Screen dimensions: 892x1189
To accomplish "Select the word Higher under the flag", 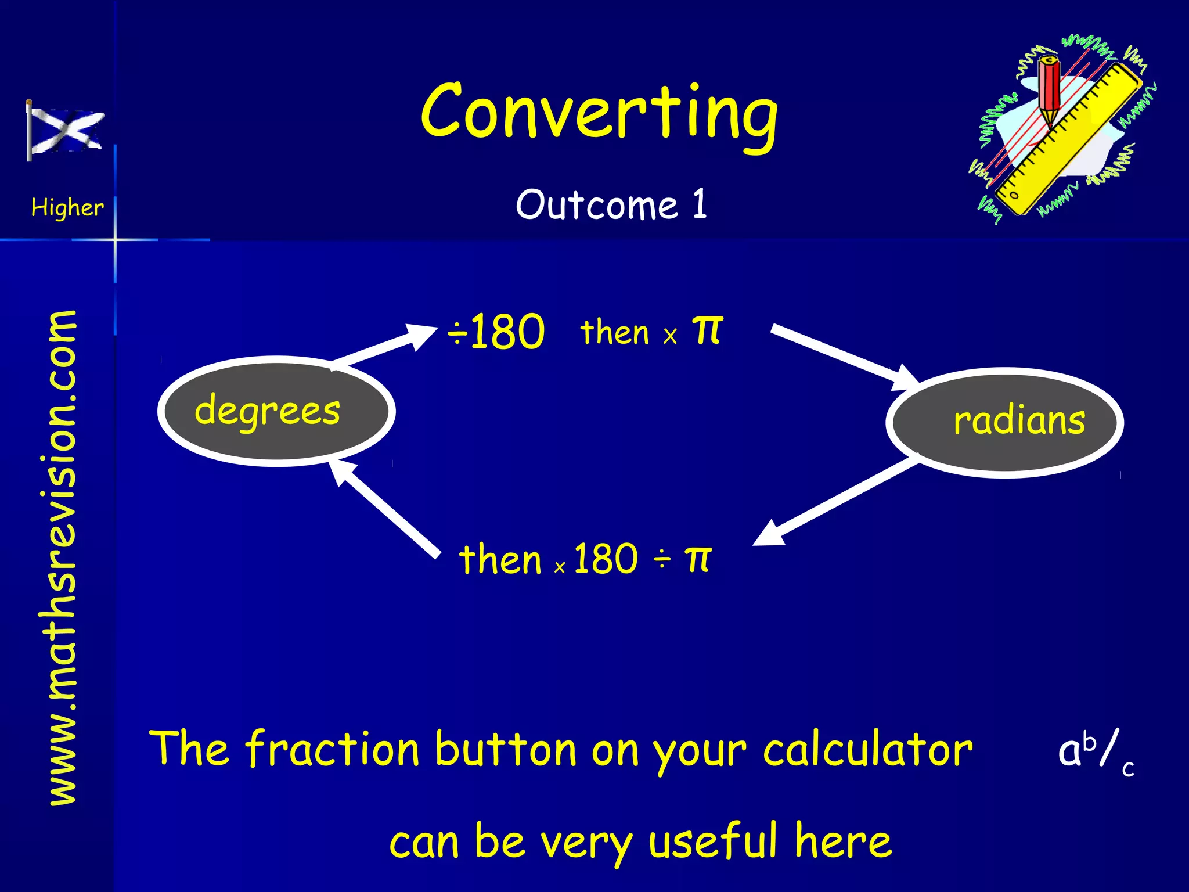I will pos(67,207).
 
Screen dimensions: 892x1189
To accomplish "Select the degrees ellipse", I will pos(276,411).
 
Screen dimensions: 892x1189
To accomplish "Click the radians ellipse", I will pos(1004,422).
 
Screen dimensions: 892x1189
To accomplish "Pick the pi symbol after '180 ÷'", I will pos(697,559).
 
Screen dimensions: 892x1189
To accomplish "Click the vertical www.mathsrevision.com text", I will pos(63,557).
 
